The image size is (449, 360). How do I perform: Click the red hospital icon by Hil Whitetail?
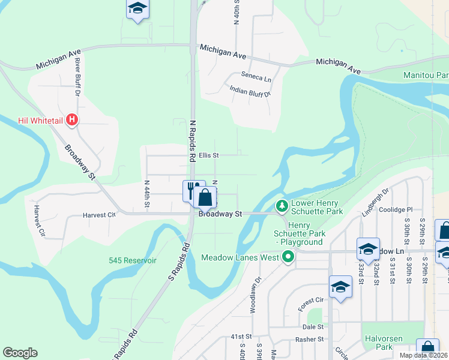tap(72, 120)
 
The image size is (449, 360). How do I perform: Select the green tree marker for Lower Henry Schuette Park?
tap(282, 207)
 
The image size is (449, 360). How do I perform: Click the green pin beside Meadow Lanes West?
tap(288, 257)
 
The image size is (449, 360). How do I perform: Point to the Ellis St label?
tap(209, 155)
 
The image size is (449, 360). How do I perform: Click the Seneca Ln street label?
tap(256, 77)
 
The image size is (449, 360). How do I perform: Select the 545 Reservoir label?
tap(133, 260)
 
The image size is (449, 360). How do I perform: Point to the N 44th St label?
tap(146, 194)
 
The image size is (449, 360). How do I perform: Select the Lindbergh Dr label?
tap(376, 203)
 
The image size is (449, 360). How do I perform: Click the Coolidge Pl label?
tap(397, 209)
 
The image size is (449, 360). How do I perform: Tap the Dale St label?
tap(313, 327)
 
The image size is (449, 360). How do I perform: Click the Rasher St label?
tap(310, 339)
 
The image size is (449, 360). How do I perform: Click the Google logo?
tap(20, 353)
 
